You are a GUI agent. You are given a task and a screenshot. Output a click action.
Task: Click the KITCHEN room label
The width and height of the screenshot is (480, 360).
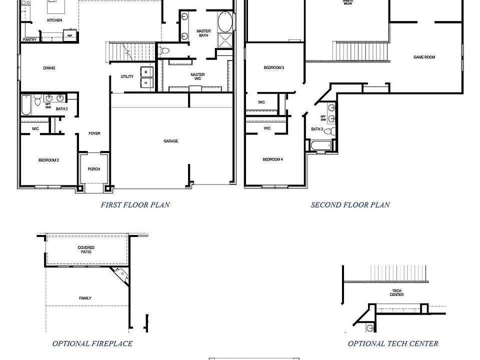[x=54, y=20]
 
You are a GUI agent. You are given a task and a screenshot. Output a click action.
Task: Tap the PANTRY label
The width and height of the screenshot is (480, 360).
[x=29, y=39]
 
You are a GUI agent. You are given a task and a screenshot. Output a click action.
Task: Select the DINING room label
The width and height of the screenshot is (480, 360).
[x=49, y=68]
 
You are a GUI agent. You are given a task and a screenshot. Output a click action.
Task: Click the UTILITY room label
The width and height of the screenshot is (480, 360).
[x=127, y=76]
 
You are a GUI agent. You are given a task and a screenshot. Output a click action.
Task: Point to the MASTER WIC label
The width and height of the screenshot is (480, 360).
[x=197, y=76]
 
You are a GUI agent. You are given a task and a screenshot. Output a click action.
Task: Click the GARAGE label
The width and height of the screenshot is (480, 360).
[x=170, y=141]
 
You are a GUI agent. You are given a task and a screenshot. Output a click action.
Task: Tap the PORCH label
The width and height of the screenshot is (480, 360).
[x=93, y=169]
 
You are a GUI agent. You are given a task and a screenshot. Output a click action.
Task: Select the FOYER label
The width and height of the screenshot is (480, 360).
[x=94, y=133]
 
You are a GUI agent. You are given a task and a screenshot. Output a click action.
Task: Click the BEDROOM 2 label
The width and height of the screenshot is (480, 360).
[x=49, y=160]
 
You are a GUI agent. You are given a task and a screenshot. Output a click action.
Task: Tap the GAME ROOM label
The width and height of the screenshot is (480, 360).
[x=424, y=57]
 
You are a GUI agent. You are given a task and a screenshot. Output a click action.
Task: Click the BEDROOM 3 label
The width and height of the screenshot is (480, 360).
[x=274, y=67]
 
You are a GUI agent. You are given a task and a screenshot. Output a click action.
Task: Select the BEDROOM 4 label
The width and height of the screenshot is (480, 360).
[x=273, y=159]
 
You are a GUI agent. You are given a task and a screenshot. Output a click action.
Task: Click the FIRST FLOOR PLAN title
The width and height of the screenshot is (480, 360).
[x=135, y=204]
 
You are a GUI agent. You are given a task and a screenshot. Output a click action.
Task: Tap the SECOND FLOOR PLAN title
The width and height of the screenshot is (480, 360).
[x=350, y=204]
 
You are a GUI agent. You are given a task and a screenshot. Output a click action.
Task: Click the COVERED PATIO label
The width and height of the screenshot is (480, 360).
[x=86, y=249]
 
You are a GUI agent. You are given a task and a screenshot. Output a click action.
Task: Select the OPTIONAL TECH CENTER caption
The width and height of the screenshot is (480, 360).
[x=393, y=343]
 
